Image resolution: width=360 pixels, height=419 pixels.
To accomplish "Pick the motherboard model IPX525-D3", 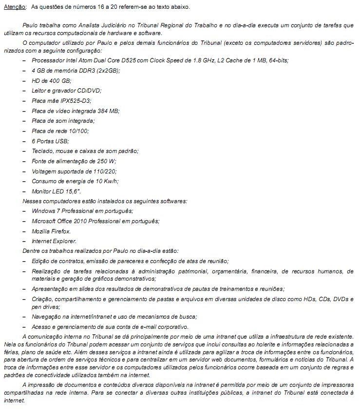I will [x=76, y=101].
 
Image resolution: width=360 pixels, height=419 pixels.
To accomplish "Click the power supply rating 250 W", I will [x=106, y=161].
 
